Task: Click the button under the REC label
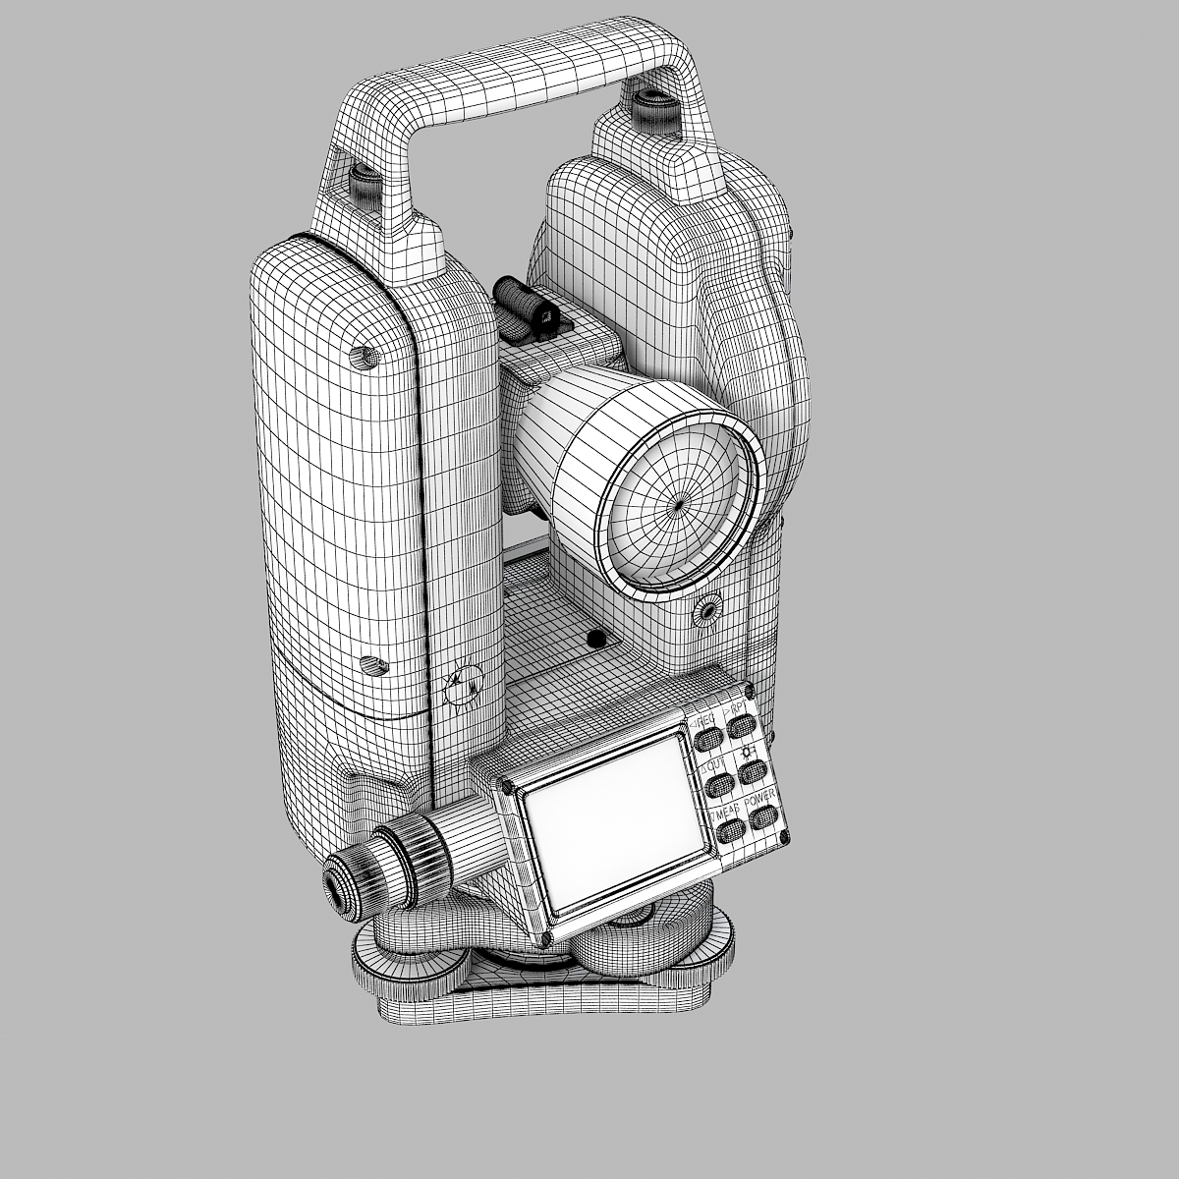pos(706,740)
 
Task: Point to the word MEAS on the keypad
pos(726,812)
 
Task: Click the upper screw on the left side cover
pos(363,357)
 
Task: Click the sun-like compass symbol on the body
pos(463,686)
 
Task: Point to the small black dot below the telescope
pos(592,639)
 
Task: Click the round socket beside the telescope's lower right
pos(705,611)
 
